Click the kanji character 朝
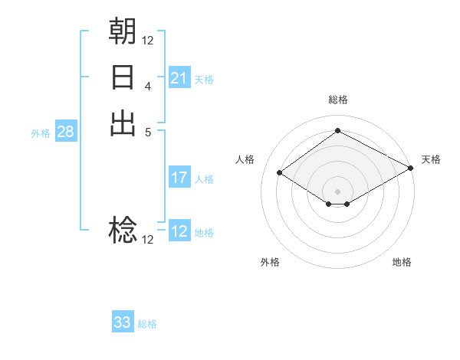coord(123,31)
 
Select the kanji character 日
coord(123,77)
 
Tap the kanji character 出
coord(123,123)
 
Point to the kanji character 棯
coord(123,230)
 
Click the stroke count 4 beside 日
coord(147,87)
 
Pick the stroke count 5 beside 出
coord(147,132)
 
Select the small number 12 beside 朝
coord(147,41)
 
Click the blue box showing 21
coord(179,78)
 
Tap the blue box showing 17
coord(179,178)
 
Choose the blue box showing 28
coord(65,132)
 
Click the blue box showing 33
coord(122,322)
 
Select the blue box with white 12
coord(179,232)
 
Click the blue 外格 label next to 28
coord(41,133)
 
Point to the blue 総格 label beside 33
coord(147,324)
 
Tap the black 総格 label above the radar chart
coord(337,100)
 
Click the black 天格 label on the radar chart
coord(431,159)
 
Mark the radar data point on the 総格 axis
coord(337,131)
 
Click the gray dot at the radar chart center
coord(337,190)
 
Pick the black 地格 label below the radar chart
coord(402,262)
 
